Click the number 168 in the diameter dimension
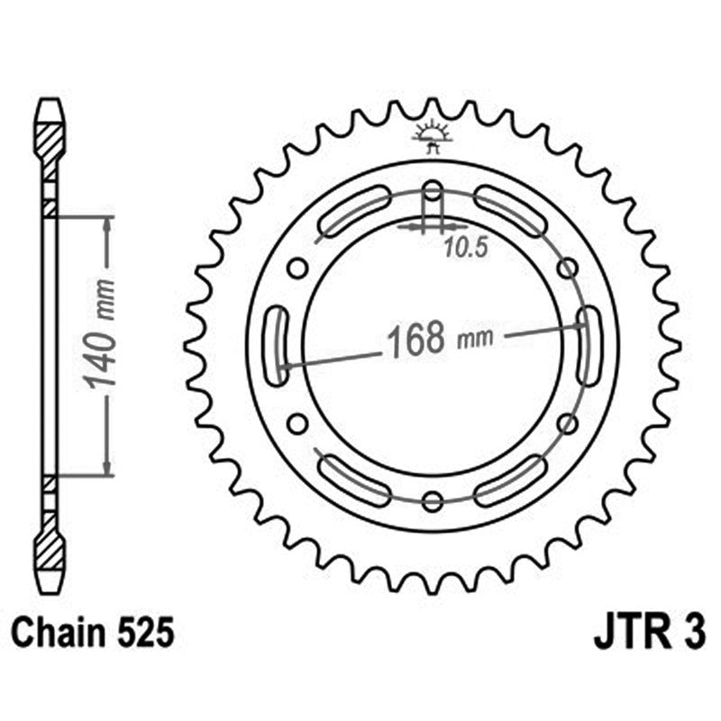tap(415, 339)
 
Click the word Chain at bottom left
tap(55, 634)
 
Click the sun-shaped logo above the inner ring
tap(432, 134)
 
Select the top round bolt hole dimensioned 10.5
tap(433, 191)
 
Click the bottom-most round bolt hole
tap(433, 501)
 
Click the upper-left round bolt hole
tap(297, 269)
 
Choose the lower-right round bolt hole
tap(567, 424)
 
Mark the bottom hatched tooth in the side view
tap(50, 548)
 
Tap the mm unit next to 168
tap(475, 340)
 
